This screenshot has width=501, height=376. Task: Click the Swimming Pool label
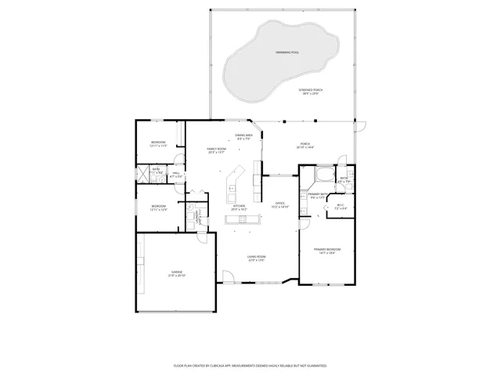[x=287, y=52]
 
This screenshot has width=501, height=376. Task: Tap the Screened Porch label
[x=310, y=92]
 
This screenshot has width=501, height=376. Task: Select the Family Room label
[x=216, y=150]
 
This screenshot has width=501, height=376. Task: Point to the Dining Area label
[x=244, y=137]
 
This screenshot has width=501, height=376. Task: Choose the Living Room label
[x=257, y=258]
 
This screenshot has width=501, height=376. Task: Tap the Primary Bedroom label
[x=327, y=251]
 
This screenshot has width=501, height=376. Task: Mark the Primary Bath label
[x=317, y=196]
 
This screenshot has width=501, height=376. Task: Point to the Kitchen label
[x=238, y=208]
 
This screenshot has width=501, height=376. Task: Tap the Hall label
[x=176, y=175]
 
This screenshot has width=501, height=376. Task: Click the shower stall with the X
[x=144, y=174]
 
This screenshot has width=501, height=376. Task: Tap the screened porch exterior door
[x=359, y=127]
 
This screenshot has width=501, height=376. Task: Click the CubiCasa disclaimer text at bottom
[x=250, y=366]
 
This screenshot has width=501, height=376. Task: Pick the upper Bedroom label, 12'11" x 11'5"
[x=158, y=144]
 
